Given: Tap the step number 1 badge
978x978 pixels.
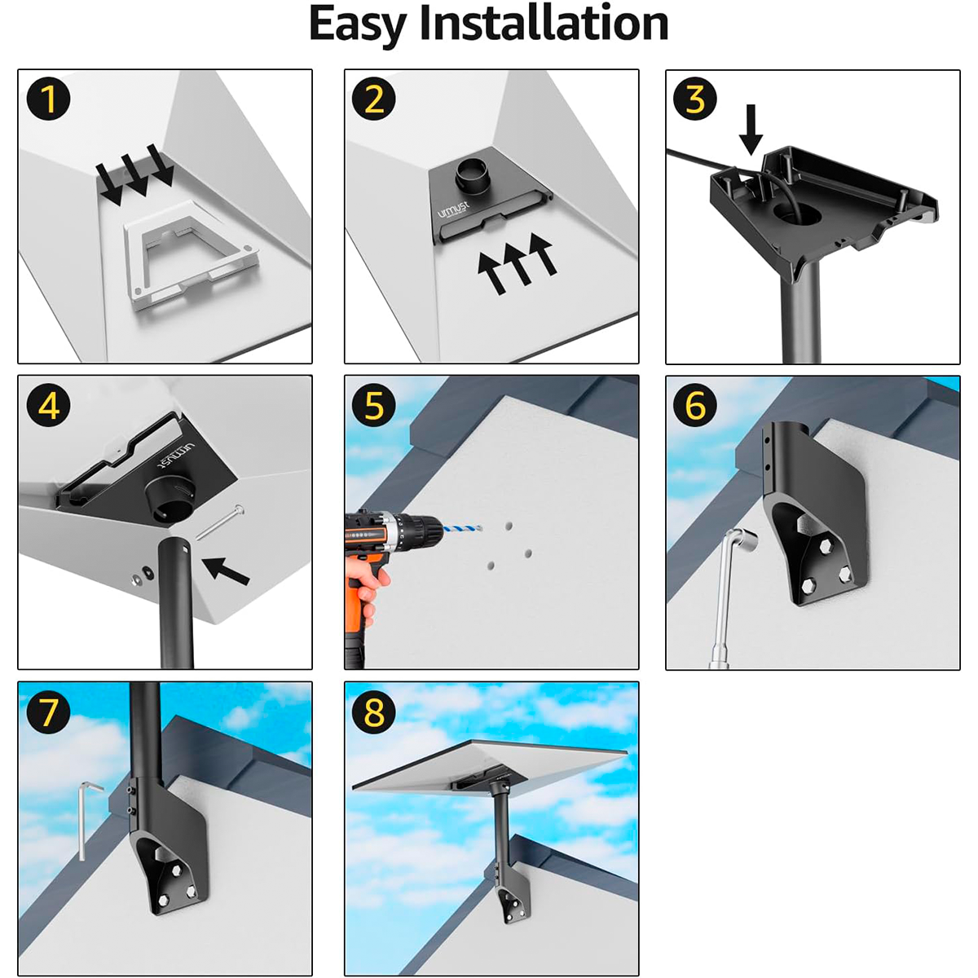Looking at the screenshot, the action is [x=48, y=99].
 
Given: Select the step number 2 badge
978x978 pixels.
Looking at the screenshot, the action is [x=374, y=99].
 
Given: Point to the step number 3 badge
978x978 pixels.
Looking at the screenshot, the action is [x=695, y=99].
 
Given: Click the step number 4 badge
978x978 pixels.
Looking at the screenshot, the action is [x=48, y=406].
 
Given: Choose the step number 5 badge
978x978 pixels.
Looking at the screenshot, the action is [x=374, y=406].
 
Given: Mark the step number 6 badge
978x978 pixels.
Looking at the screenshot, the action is [x=695, y=406].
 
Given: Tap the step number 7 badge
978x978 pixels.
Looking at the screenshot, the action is [x=48, y=712].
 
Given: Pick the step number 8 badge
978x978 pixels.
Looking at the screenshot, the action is [x=374, y=712].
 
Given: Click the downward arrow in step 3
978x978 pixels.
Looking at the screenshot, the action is [x=751, y=130].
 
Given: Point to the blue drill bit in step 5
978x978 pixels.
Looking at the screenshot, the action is [x=462, y=529].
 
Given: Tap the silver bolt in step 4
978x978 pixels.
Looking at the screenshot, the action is [x=220, y=522].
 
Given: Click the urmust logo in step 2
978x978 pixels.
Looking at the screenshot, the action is [x=453, y=209].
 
